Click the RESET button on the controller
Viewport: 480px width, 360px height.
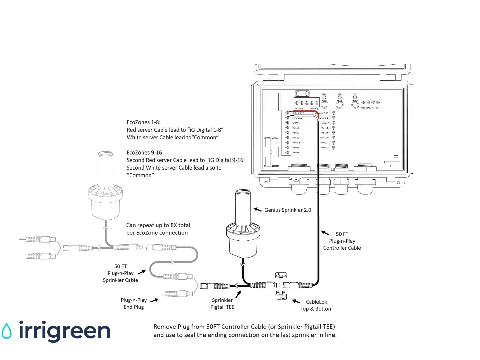[324, 105]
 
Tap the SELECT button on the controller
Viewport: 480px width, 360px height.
[355, 105]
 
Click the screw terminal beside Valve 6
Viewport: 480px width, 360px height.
[287, 153]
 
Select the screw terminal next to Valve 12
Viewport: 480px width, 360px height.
[334, 148]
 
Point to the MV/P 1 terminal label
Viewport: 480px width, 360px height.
[296, 123]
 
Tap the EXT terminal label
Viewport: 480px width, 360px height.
[378, 108]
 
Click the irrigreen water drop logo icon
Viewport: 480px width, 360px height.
[7, 331]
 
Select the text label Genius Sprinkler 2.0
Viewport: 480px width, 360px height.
[288, 210]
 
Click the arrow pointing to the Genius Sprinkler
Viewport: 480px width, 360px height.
[257, 210]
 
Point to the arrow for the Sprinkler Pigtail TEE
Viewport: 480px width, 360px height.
[238, 295]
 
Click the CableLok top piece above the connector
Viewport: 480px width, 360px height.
[281, 275]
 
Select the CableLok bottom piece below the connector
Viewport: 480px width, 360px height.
[281, 295]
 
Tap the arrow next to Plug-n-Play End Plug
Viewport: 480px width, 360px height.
[154, 300]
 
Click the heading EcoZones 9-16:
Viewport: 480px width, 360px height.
[145, 153]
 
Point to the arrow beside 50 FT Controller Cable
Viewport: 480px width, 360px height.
[325, 233]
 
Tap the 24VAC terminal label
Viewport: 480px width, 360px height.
[314, 108]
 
